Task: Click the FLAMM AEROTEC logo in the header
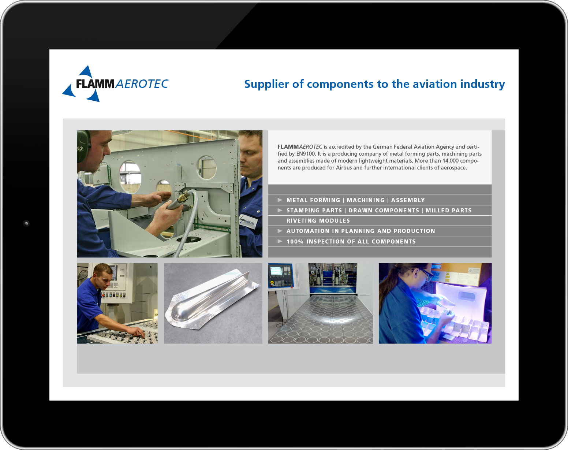[115, 84]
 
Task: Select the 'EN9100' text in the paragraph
[306, 154]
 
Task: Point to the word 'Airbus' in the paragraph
[344, 168]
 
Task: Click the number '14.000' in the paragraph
[451, 161]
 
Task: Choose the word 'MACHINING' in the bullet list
[366, 200]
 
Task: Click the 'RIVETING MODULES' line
[318, 220]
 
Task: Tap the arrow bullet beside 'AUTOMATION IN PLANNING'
[280, 231]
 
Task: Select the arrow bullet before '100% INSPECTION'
[280, 241]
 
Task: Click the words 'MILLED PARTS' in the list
[448, 211]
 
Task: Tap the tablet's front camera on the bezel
[26, 224]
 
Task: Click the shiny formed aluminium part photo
[213, 303]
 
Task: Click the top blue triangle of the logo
[86, 71]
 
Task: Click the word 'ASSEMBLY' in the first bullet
[408, 200]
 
